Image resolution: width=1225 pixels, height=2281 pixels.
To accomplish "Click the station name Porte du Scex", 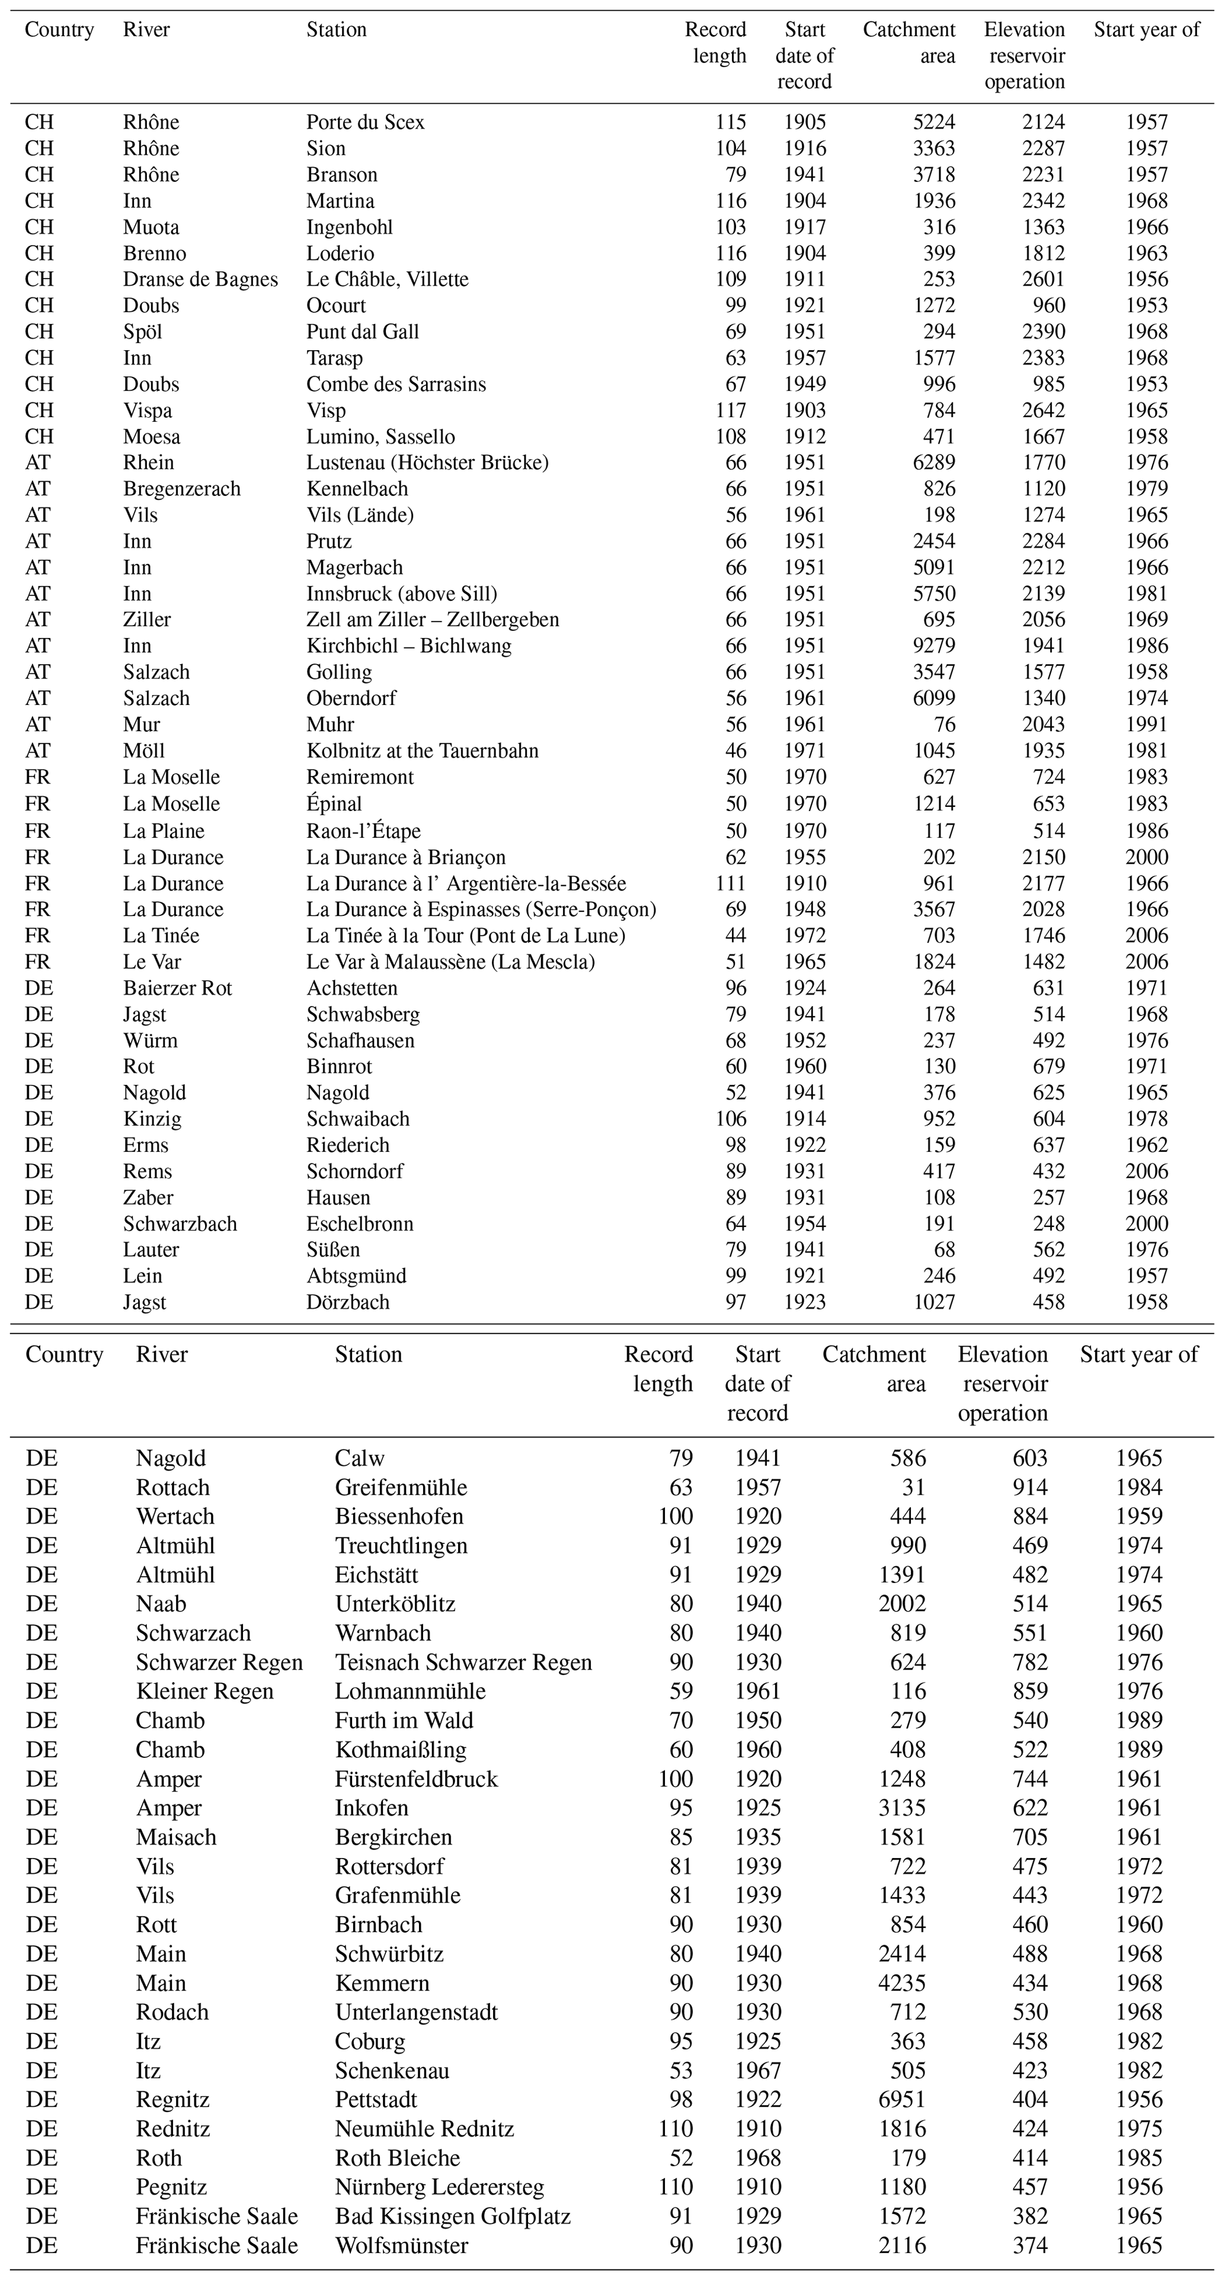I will [365, 122].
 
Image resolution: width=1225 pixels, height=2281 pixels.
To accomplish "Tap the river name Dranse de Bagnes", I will [200, 280].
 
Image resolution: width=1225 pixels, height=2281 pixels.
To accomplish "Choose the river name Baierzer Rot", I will [177, 988].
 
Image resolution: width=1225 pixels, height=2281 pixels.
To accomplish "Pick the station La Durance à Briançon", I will [406, 857].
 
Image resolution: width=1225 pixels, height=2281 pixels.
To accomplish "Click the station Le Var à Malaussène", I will [450, 962].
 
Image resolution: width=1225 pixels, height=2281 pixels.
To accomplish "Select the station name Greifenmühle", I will [401, 1488].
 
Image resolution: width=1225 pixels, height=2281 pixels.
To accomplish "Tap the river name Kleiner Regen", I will [204, 1691].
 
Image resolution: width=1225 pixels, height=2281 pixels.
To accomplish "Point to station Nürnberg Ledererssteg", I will [439, 2187].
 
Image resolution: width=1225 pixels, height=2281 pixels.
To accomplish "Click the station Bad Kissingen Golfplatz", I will [453, 2216].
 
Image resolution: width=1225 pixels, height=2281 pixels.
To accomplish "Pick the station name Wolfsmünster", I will [401, 2245].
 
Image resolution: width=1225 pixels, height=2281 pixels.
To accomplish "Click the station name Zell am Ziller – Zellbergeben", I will [432, 620].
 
